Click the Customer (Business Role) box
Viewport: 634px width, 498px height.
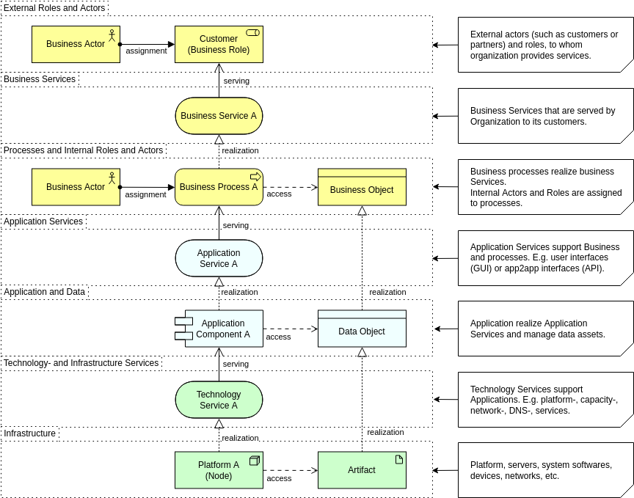coord(219,44)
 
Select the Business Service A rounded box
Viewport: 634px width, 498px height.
coord(219,116)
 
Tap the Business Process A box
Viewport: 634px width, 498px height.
coord(219,187)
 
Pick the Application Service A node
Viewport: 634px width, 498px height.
coord(219,258)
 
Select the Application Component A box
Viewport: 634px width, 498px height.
coord(219,329)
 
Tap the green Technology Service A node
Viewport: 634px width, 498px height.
coord(219,400)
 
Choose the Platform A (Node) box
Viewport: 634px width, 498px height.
coord(219,470)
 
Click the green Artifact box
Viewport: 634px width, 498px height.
coord(362,470)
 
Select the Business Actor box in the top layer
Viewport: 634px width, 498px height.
coord(76,44)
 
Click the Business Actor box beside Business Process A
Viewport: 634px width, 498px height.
coord(76,187)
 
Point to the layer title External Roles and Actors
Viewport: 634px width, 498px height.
coord(54,8)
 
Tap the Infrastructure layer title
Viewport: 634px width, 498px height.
coord(30,433)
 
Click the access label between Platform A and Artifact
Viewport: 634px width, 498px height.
coord(279,478)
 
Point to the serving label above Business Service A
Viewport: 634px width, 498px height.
coord(236,81)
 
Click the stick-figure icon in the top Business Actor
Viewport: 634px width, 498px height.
coord(112,34)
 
